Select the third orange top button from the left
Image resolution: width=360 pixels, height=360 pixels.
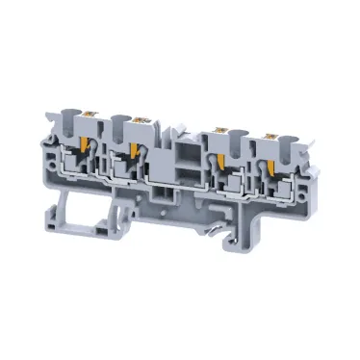(x=224, y=123)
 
